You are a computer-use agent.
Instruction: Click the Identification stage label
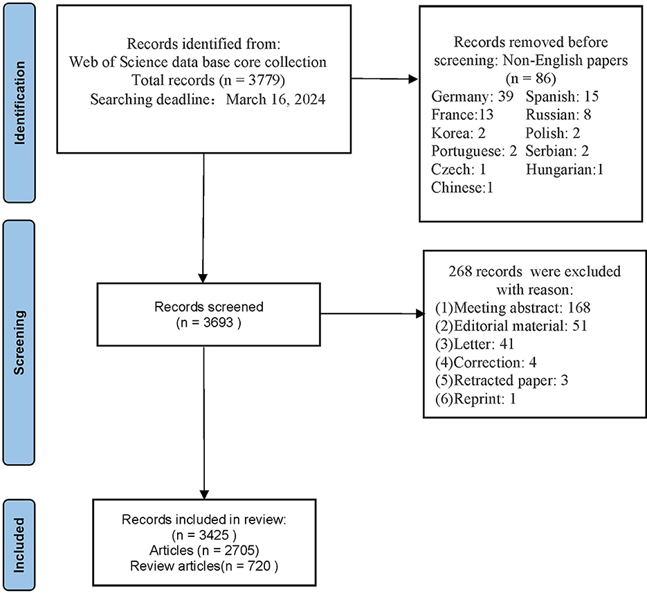19,102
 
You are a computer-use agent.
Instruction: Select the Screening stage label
19,343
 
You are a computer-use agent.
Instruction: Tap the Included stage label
19,545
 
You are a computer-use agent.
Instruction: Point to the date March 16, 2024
275,100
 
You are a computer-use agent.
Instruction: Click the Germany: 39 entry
472,97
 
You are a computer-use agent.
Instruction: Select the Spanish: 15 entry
562,97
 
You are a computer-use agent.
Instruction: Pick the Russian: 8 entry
558,114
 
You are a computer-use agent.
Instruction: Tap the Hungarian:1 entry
565,170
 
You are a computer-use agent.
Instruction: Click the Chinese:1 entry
462,188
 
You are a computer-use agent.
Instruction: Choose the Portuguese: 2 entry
474,151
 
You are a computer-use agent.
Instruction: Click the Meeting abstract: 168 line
513,308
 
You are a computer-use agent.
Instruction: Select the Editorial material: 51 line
511,326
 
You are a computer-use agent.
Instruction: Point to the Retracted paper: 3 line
502,381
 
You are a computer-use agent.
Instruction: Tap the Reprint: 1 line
476,399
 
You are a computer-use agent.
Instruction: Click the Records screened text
209,307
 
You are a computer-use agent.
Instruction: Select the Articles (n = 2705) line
204,550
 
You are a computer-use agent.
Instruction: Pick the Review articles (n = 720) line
204,566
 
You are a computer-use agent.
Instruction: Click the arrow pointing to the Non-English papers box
384,79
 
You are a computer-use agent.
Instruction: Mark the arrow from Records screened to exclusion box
372,313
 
